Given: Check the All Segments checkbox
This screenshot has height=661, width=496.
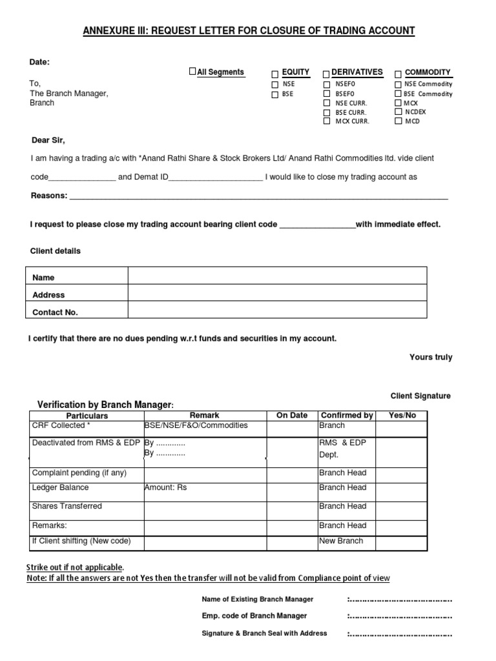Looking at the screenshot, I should [x=192, y=71].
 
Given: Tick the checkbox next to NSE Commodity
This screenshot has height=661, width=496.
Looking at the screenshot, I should [x=398, y=84].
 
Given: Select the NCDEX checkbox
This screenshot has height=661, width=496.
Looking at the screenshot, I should [x=398, y=112].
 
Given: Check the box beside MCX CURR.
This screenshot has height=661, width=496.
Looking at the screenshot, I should [x=327, y=121].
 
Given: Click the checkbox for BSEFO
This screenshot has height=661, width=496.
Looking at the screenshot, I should [x=327, y=94].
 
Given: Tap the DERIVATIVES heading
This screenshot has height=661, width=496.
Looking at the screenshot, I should [x=356, y=72].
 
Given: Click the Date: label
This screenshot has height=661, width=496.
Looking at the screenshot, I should [x=39, y=62].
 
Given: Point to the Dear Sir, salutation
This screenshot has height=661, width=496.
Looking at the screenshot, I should [x=48, y=140].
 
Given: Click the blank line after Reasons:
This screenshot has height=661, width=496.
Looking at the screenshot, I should [x=258, y=196].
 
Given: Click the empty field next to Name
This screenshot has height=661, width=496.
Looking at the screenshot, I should [x=277, y=276].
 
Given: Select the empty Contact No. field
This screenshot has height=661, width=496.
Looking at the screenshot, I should [x=277, y=310].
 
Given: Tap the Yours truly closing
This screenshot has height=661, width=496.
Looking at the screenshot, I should [x=431, y=357].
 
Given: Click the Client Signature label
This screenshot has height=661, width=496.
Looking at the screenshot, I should [x=420, y=396].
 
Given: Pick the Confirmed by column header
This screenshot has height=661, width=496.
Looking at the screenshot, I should [x=347, y=415].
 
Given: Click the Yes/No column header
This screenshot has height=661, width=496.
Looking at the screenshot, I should [x=401, y=415].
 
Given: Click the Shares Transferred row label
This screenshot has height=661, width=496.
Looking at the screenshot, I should [x=67, y=506].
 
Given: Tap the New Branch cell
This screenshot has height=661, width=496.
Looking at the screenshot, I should [x=342, y=541].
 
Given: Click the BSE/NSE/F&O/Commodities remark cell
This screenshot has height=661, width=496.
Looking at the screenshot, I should [x=196, y=425].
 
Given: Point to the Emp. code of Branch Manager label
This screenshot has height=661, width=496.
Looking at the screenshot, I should [x=254, y=616].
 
